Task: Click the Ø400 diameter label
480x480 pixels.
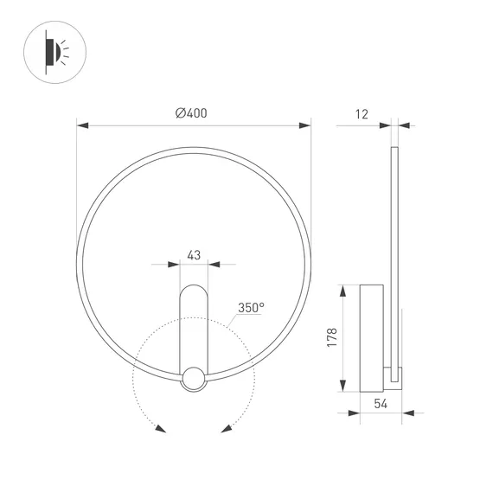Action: [x=191, y=113]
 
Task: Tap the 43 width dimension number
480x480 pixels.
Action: [x=194, y=255]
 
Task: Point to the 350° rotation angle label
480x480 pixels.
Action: [x=251, y=307]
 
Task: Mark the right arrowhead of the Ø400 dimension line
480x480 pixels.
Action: [x=307, y=125]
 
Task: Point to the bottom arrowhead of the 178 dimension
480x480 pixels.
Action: [x=345, y=387]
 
